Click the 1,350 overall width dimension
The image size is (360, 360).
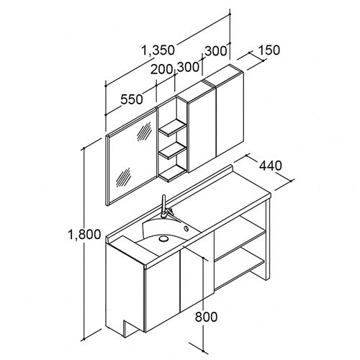[x=158, y=50]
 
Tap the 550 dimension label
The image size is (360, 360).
[x=132, y=99]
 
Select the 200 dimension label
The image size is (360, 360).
[x=162, y=70]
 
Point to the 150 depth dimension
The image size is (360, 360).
[x=269, y=50]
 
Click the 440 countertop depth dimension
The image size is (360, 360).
[x=270, y=166]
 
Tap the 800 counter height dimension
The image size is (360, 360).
[x=206, y=317]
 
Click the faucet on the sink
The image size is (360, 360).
[x=165, y=207]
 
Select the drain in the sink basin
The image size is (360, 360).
[x=163, y=238]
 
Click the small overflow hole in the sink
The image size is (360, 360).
[x=186, y=229]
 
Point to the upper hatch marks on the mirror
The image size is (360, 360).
[x=144, y=131]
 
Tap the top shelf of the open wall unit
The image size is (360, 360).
[x=173, y=128]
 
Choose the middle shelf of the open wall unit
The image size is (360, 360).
[x=173, y=150]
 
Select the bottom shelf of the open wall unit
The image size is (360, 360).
[x=173, y=173]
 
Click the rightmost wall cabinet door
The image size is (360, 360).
[x=230, y=114]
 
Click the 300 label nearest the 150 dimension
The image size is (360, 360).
[x=216, y=51]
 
